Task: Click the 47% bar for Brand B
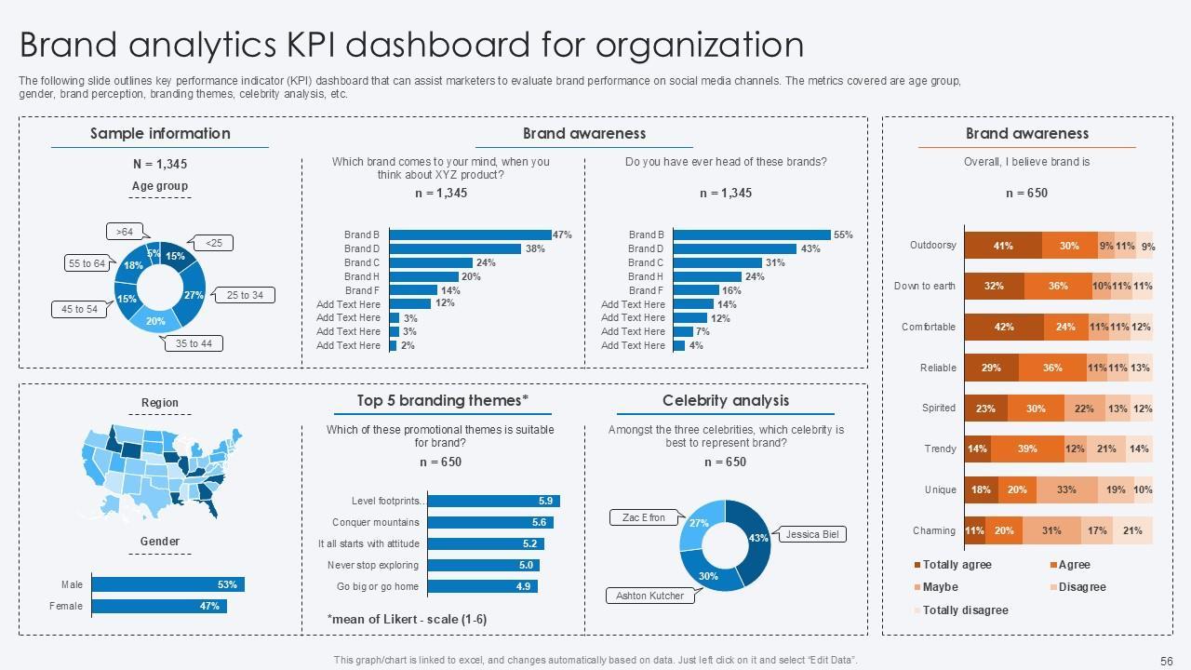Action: point(470,235)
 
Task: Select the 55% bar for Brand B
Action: point(752,235)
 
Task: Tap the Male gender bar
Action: point(167,584)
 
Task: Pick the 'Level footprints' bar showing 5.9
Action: point(493,501)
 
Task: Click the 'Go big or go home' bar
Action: point(482,586)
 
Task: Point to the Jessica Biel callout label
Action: point(812,535)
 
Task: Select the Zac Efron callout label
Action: point(644,517)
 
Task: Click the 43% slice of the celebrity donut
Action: point(755,537)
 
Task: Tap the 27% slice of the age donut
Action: point(193,294)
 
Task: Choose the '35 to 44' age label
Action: point(194,343)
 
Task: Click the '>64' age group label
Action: point(124,232)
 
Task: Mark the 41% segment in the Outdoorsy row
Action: point(1003,246)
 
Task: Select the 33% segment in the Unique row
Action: point(1066,489)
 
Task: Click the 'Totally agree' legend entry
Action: point(957,565)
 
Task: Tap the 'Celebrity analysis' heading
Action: point(725,400)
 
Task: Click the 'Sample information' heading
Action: point(160,133)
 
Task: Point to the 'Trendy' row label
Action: point(940,449)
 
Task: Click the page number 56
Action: point(1167,661)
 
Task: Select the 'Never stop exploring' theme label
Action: point(372,565)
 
